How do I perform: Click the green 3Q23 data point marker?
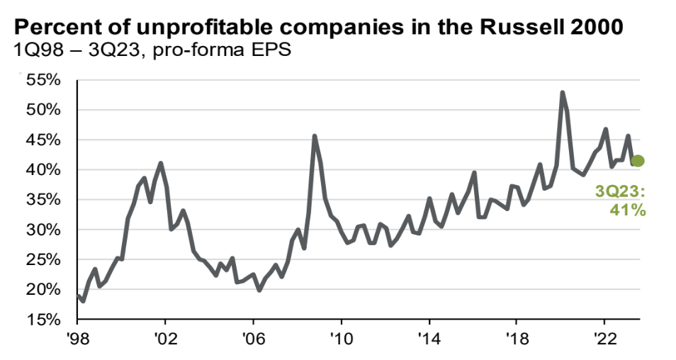coord(637,161)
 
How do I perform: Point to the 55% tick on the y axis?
coord(44,80)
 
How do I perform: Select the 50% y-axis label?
coord(44,110)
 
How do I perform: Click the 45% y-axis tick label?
coord(44,140)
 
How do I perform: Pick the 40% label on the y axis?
coord(44,170)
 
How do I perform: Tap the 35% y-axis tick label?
coord(44,200)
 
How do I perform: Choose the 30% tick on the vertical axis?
coord(44,230)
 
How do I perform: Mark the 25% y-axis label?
coord(44,260)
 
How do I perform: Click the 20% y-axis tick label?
coord(44,290)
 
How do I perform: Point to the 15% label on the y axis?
coord(44,320)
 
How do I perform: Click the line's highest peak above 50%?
coord(562,93)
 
